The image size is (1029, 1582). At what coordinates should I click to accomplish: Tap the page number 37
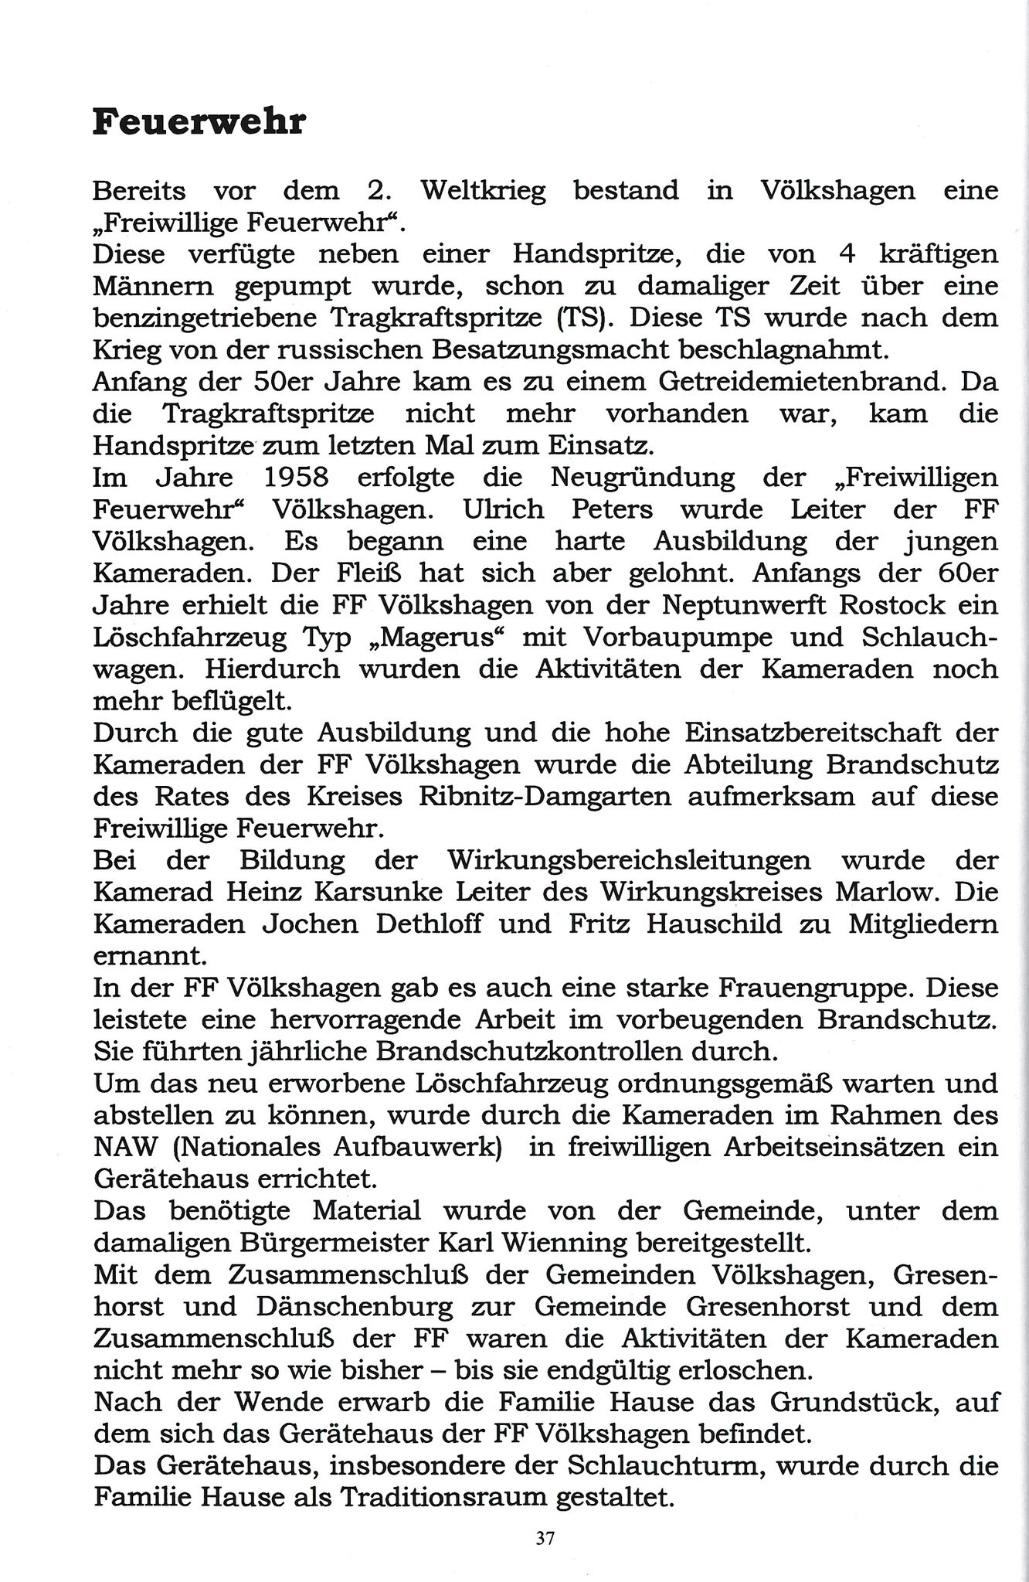pos(545,1537)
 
